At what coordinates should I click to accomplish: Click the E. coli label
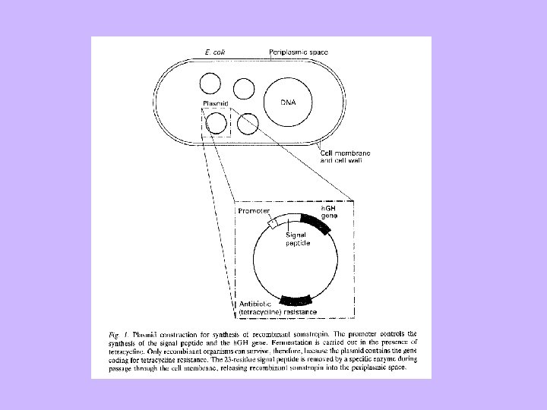tap(215, 52)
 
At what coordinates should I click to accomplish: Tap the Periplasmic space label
tap(299, 52)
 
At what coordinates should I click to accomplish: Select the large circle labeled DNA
tap(289, 103)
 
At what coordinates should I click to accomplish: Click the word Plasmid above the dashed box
tap(215, 103)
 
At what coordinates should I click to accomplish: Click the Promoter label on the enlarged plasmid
tap(255, 211)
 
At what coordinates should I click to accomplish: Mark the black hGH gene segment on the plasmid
tap(315, 224)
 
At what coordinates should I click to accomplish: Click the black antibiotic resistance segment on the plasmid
tap(296, 300)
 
